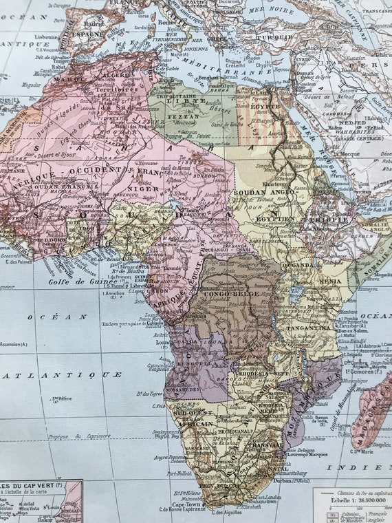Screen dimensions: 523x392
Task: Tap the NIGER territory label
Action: [x=143, y=187]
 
